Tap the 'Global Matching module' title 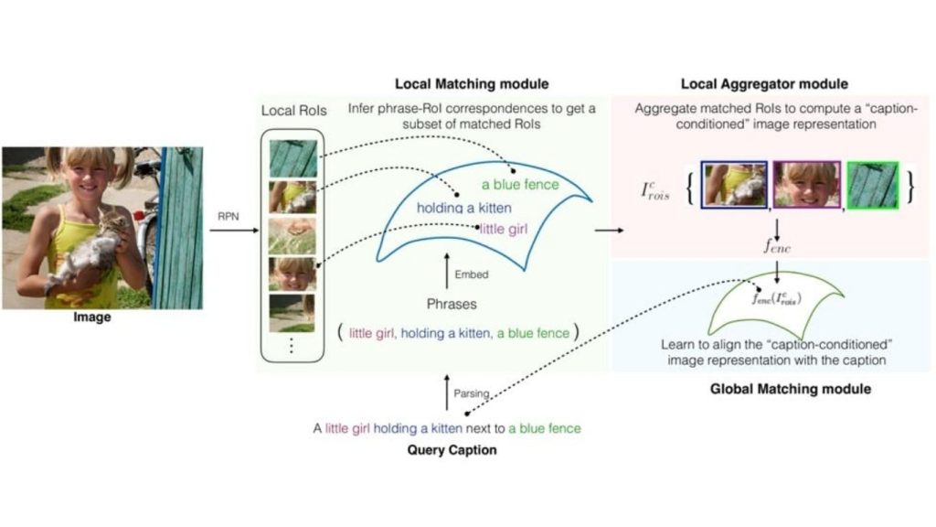click(x=790, y=389)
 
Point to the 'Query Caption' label click(x=452, y=450)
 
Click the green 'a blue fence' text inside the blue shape click(x=520, y=184)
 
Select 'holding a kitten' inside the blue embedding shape click(x=463, y=208)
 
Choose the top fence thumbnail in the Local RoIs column click(x=292, y=157)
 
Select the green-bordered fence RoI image click(x=873, y=184)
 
